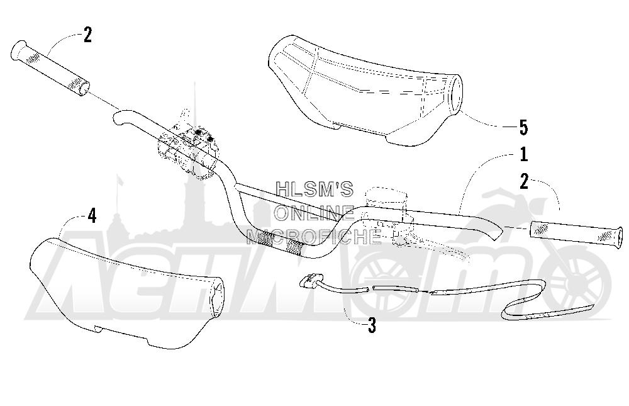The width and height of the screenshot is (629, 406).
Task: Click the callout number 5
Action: coord(523,127)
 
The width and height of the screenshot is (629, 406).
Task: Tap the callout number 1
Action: coord(523,155)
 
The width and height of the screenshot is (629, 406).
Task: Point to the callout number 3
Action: coord(372,325)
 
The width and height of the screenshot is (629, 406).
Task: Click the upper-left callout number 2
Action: coord(87,35)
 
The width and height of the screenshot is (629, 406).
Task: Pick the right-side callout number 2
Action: coord(524,181)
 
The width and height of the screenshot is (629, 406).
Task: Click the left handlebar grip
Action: coord(50,67)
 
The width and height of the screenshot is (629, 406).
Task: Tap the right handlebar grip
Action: coord(577,234)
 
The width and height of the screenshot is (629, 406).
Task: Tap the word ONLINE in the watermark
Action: coord(314,213)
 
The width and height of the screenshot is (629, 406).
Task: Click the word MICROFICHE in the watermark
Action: coord(314,237)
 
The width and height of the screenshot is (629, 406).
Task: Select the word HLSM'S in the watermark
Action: coord(314,189)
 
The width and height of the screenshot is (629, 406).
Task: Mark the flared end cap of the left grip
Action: coord(18,50)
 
